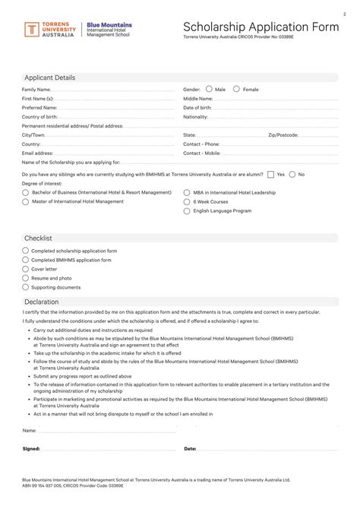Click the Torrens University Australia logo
point(49,30)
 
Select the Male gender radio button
point(209,89)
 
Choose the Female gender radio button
point(236,89)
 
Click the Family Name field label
point(36,90)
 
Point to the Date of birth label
point(197,108)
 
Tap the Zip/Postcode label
point(283,134)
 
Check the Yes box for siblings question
point(271,174)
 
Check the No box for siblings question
point(292,174)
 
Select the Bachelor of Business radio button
point(26,193)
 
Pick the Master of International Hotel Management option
point(26,202)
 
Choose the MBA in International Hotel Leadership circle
point(187,193)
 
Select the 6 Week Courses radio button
point(187,202)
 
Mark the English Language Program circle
point(187,211)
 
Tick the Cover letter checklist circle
point(26,269)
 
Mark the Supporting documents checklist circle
point(26,287)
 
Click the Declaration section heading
point(43,302)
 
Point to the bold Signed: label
point(31,448)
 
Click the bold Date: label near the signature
point(190,448)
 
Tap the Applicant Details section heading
point(50,77)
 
